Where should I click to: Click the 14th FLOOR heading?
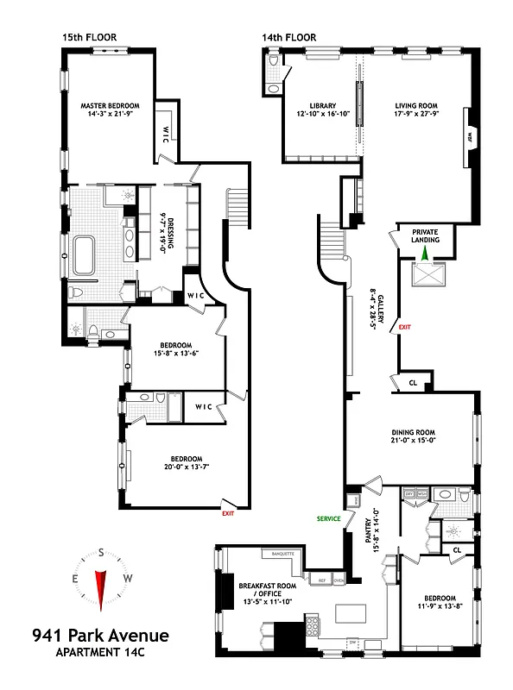(x=288, y=37)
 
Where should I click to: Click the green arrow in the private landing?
(x=424, y=252)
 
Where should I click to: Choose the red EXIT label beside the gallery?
(x=405, y=327)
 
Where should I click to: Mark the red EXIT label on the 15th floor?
(x=228, y=513)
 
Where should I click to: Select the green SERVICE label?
(x=328, y=518)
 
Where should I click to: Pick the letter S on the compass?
(x=101, y=552)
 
